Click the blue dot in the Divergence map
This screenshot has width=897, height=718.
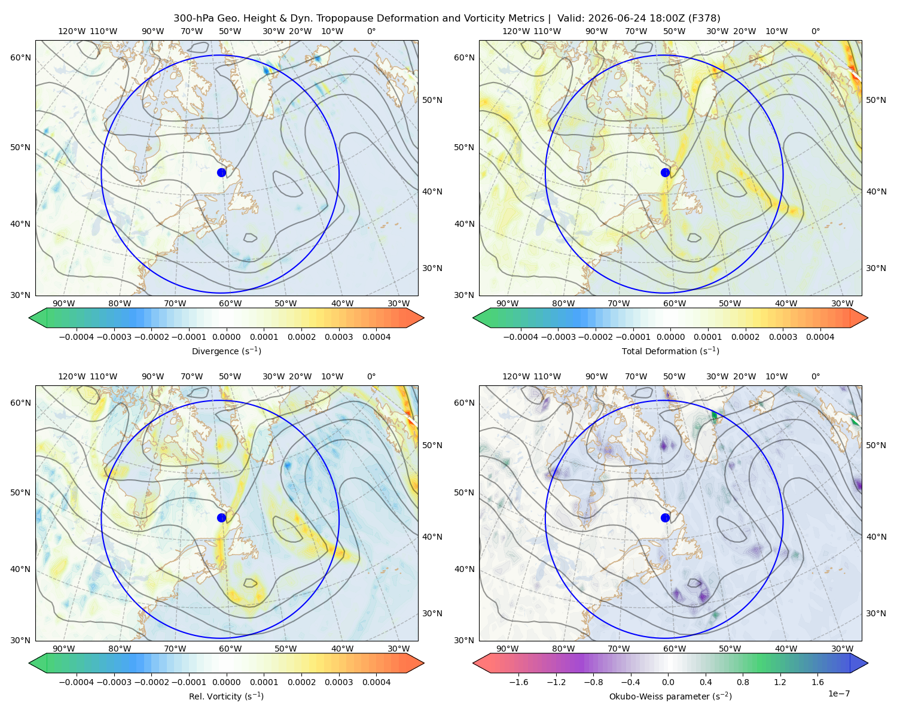pos(221,172)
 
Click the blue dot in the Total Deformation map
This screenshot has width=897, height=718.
pos(665,172)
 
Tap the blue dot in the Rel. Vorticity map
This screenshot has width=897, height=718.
pos(221,518)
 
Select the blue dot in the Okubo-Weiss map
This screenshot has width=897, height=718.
pos(665,518)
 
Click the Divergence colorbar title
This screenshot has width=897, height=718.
pos(226,351)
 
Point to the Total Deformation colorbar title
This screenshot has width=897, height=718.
pos(670,351)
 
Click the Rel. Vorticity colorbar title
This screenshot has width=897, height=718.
pos(226,696)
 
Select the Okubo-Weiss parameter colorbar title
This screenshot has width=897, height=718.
pos(670,696)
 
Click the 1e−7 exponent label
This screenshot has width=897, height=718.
pos(838,693)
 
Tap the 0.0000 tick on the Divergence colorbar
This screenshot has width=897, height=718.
pos(226,337)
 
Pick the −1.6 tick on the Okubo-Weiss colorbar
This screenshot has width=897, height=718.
pos(518,682)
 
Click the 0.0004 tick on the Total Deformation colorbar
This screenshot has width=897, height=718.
pos(820,337)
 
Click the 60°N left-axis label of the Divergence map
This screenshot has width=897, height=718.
pos(20,57)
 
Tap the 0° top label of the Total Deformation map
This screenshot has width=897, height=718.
pos(815,31)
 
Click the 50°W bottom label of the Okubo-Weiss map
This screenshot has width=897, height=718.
pos(730,649)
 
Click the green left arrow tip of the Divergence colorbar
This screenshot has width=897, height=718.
pos(29,318)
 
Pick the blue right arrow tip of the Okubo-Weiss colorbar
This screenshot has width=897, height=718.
pos(868,663)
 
